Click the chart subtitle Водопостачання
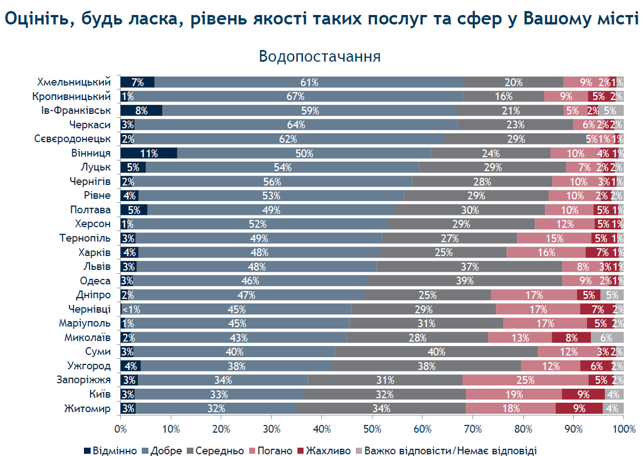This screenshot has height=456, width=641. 320,56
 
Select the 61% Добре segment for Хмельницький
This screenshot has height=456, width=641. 309,82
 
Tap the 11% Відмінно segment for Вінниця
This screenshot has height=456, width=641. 149,153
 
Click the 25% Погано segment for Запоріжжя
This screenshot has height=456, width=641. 525,380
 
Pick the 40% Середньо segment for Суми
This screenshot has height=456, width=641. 436,352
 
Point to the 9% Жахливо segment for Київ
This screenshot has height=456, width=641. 583,394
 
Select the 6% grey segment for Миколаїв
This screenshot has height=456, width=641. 607,338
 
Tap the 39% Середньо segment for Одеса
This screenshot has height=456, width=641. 464,281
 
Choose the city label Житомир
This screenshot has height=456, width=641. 87,409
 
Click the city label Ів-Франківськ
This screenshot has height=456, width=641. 76,111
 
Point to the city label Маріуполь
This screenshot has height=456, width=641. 85,323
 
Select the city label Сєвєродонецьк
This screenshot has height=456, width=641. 72,139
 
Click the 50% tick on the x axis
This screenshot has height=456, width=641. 372,429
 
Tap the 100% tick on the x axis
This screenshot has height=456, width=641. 624,429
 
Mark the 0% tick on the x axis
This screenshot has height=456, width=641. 121,429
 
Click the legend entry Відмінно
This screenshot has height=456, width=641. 111,450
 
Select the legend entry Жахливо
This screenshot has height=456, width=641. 324,450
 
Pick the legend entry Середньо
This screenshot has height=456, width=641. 215,450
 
